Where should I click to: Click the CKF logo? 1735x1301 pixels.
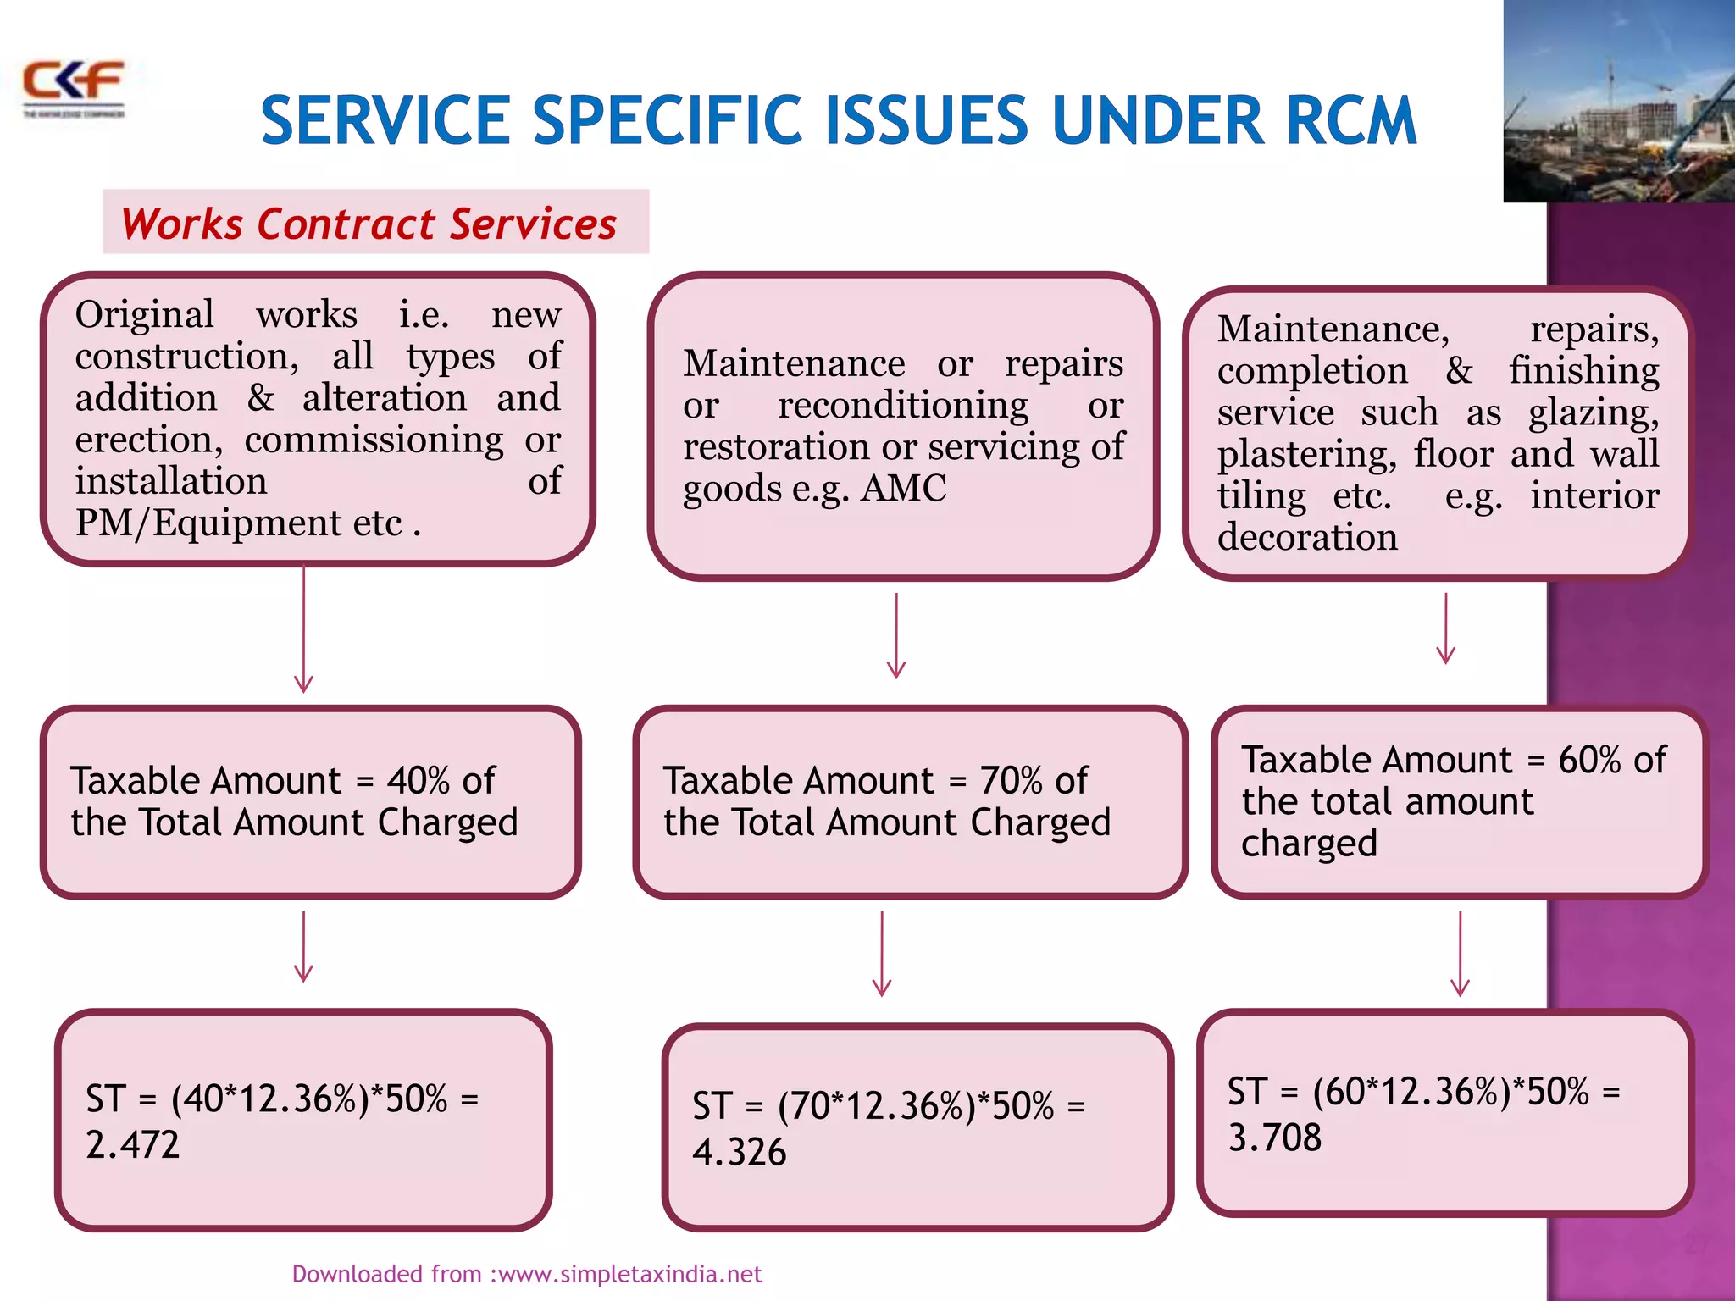[74, 87]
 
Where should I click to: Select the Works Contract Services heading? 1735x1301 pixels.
[369, 224]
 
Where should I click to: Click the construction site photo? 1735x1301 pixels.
[1618, 102]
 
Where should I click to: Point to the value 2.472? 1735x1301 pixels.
[133, 1145]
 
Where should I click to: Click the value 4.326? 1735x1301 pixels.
[739, 1153]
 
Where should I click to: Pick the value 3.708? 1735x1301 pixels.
[1274, 1138]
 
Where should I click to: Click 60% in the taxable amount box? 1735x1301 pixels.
[1589, 761]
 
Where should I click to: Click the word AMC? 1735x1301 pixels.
[903, 489]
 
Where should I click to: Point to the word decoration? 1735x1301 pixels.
[1307, 538]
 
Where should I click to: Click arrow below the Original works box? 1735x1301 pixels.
[303, 631]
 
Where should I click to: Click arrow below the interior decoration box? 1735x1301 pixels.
[1445, 628]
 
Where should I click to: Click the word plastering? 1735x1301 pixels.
[1305, 455]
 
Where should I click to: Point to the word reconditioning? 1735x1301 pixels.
[902, 406]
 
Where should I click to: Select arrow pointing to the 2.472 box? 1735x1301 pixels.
[303, 946]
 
